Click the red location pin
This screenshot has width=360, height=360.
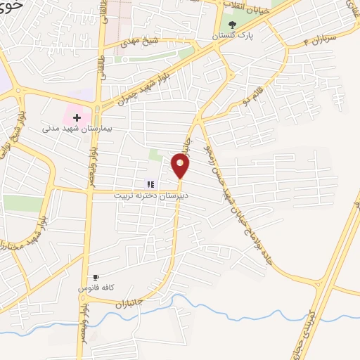[x=181, y=165]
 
